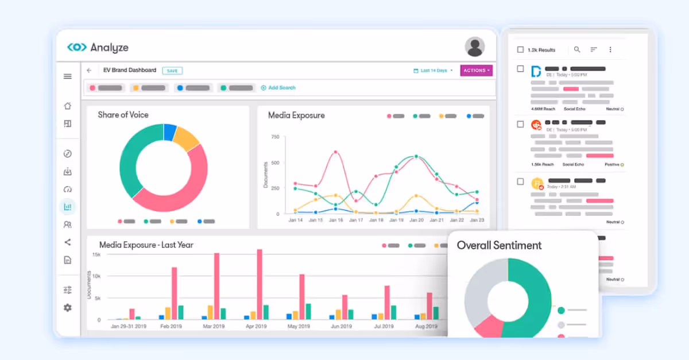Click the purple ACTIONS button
(x=476, y=71)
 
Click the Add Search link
(x=278, y=88)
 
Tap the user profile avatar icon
(x=474, y=47)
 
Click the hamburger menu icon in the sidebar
(x=68, y=76)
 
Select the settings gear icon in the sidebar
(x=68, y=308)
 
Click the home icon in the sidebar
(x=68, y=106)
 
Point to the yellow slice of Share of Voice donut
(x=186, y=138)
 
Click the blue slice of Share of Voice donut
(x=170, y=132)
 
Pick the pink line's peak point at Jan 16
(x=335, y=152)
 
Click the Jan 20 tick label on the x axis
(x=416, y=220)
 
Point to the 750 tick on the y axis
(x=275, y=137)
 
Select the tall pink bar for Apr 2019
(x=260, y=284)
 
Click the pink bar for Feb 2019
(x=174, y=293)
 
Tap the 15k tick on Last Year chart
(x=96, y=254)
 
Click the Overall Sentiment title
(x=499, y=245)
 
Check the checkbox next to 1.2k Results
(x=520, y=50)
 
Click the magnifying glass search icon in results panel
(x=577, y=50)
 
